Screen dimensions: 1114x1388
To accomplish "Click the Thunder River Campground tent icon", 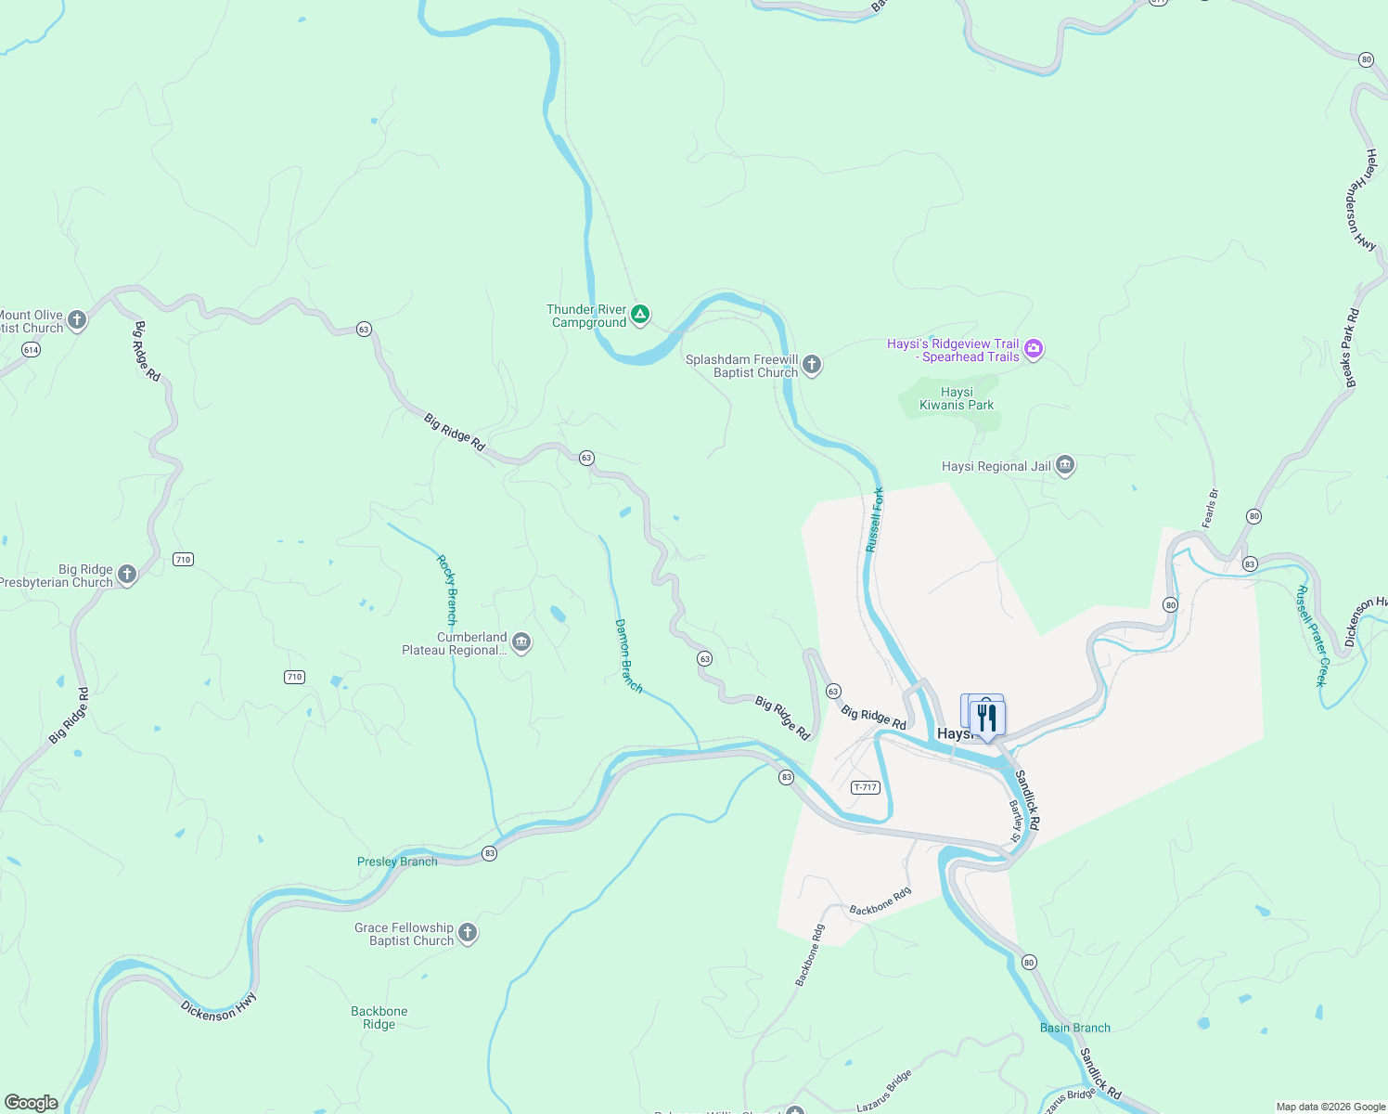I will [640, 315].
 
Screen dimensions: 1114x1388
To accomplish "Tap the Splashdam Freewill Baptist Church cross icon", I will [812, 365].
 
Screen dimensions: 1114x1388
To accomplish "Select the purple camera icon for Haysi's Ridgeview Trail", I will [1034, 349].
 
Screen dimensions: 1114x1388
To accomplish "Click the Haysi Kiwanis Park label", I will [957, 399].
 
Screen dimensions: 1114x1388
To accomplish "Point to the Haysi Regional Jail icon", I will [1065, 466].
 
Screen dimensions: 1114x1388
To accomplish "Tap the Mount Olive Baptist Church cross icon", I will [77, 321].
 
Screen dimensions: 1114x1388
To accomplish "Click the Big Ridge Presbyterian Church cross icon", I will [127, 575].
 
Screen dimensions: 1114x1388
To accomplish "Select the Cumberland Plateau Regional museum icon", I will [521, 642].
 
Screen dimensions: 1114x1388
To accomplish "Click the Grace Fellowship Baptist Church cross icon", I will [468, 933].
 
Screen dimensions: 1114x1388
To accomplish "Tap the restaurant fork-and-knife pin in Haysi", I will [987, 718].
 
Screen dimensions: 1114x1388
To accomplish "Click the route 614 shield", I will [32, 350].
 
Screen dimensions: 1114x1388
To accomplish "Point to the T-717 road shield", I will [865, 787].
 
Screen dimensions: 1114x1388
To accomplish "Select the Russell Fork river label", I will [875, 520].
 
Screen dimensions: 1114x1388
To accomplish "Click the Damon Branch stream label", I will [628, 655].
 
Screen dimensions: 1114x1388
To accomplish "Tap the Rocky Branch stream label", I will [447, 589].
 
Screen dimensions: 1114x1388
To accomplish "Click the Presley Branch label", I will [397, 861].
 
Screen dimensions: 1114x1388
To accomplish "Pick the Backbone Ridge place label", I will [379, 1017].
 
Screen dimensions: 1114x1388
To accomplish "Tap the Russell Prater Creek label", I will [1313, 636].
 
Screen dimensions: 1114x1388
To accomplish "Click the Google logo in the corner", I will [31, 1103].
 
